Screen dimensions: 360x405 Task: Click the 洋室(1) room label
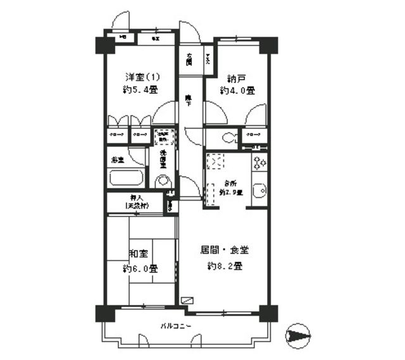click(x=142, y=77)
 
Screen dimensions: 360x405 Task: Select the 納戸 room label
click(x=237, y=79)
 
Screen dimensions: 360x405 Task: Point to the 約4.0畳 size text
click(x=237, y=91)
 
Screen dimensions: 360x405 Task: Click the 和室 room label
click(x=139, y=254)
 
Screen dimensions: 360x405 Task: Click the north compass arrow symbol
click(x=299, y=335)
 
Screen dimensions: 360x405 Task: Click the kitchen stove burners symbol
click(x=259, y=164)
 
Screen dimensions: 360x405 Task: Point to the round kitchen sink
click(x=259, y=191)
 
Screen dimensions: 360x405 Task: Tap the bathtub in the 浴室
click(x=127, y=177)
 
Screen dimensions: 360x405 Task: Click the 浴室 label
click(x=117, y=160)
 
